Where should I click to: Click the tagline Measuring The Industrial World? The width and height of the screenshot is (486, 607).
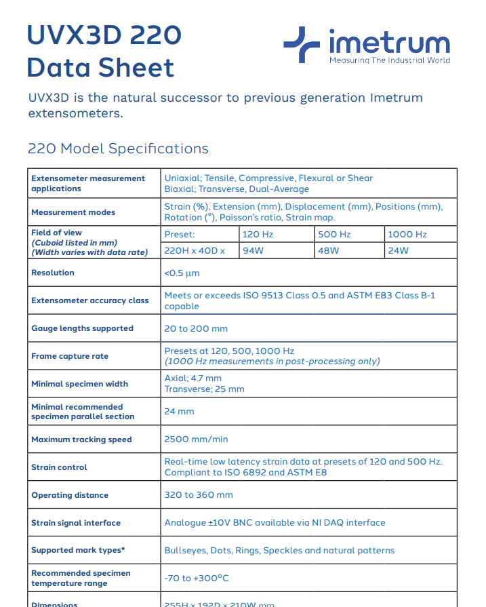coord(389,60)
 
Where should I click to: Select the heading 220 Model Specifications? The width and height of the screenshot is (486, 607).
coord(118,149)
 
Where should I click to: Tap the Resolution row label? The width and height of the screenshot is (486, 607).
coord(53,273)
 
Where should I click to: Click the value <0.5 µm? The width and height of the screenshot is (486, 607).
coord(182,273)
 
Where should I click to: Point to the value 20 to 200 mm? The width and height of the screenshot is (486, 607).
coord(196,328)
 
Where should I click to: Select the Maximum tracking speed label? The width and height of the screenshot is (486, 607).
coord(81,439)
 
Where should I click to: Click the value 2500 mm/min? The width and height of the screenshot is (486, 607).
coord(196,439)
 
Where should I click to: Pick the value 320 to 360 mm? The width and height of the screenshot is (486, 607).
coord(199,495)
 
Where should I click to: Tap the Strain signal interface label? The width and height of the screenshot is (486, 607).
coord(76,523)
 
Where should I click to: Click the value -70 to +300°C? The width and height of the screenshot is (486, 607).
coord(197,579)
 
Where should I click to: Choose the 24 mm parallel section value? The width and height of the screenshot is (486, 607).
coord(179,412)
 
